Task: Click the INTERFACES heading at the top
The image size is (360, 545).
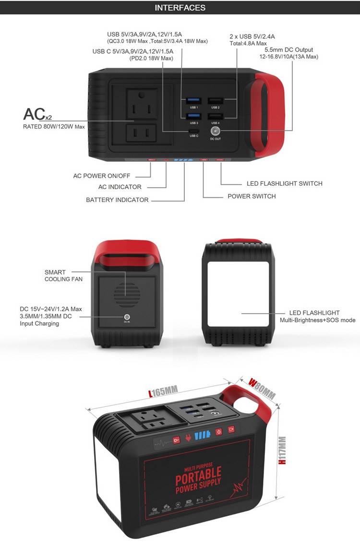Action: coord(180,8)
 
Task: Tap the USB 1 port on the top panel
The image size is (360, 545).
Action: coord(194,101)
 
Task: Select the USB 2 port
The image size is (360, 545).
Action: coord(215,101)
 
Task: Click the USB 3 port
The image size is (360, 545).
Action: coord(194,117)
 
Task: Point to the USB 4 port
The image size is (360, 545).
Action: coord(215,117)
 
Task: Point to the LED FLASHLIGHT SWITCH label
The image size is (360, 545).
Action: coord(284,183)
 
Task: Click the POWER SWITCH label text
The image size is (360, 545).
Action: coord(252,196)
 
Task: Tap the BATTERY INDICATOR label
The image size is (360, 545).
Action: coord(117,200)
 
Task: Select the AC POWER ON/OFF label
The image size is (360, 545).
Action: coord(102,176)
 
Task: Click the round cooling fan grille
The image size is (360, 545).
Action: coord(127,291)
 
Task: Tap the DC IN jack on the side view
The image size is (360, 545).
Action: coord(127,317)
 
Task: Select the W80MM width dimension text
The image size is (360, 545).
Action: coord(262,388)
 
